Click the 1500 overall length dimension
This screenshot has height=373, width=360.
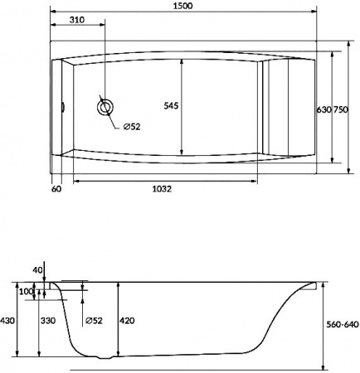point(183,7)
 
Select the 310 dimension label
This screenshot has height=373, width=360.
point(77,19)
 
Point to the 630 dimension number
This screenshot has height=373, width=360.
point(324,109)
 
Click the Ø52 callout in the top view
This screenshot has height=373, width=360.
point(132,127)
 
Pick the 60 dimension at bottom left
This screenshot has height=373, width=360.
point(56,189)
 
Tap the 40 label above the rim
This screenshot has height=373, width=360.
point(36,269)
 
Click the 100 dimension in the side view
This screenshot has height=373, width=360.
point(27,292)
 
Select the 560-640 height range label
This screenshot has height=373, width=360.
point(340,325)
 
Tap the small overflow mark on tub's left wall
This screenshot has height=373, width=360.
point(63,105)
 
